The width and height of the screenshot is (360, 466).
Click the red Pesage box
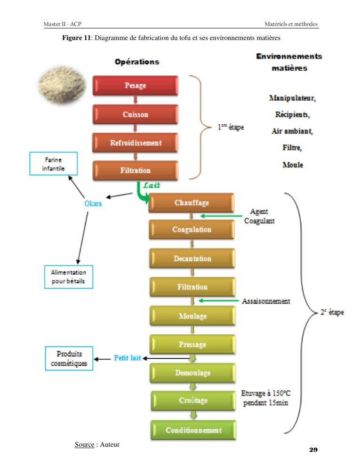pyautogui.click(x=135, y=86)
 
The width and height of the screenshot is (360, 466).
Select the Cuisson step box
pyautogui.click(x=135, y=114)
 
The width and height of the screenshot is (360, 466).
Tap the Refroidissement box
pyautogui.click(x=135, y=143)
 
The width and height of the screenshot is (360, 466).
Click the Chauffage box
pyautogui.click(x=192, y=203)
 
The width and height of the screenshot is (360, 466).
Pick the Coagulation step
pyautogui.click(x=192, y=230)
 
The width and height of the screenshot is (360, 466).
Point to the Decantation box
pyautogui.click(x=192, y=258)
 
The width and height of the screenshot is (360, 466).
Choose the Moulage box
pyautogui.click(x=192, y=316)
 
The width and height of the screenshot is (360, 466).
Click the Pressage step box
pyautogui.click(x=192, y=345)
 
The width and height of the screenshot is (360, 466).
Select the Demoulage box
pyautogui.click(x=192, y=373)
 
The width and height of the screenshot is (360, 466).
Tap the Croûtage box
pyautogui.click(x=193, y=401)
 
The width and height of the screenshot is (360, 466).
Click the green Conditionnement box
pyautogui.click(x=193, y=430)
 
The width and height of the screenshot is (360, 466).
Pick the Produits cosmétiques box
pyautogui.click(x=69, y=359)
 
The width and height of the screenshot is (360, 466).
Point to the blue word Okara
pyautogui.click(x=93, y=203)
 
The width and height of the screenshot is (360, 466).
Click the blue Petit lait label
pyautogui.click(x=127, y=358)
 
